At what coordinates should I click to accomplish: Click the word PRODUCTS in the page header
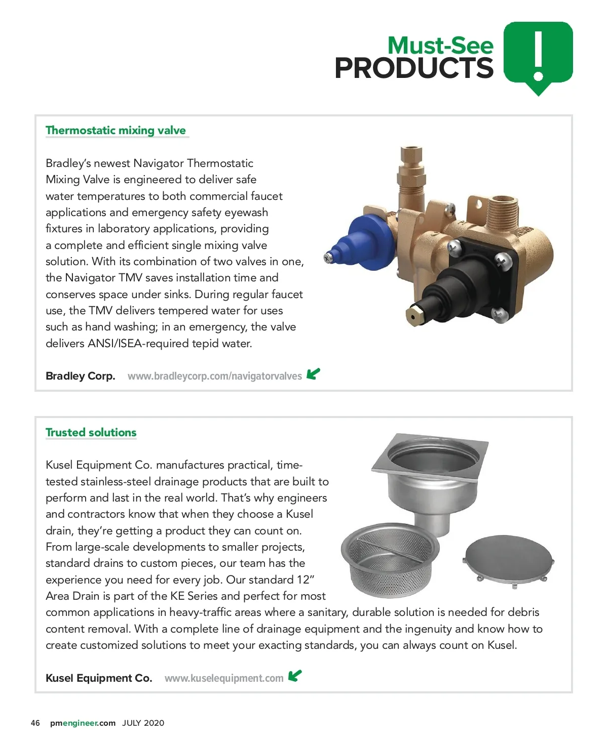[413, 68]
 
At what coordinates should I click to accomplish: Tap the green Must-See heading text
[440, 46]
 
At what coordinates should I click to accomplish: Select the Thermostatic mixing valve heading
[116, 131]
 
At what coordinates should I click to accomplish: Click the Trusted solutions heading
[91, 433]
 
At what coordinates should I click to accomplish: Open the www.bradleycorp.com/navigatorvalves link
[214, 376]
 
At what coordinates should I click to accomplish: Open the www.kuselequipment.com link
[224, 678]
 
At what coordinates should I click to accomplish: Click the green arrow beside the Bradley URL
[314, 374]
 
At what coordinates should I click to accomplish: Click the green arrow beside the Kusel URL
[295, 676]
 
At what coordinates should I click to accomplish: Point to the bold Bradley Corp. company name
[81, 376]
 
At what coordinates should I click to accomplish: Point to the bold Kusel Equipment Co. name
[99, 678]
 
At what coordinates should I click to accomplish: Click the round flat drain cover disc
[509, 559]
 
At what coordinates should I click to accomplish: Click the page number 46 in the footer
[35, 723]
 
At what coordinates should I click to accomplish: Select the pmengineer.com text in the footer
[83, 723]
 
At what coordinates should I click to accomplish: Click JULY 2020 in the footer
[143, 723]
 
